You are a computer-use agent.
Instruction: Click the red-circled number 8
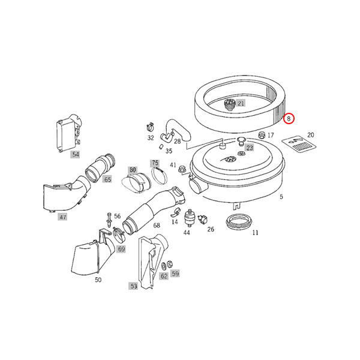[x=289, y=119]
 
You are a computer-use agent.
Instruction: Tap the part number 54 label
[x=76, y=154]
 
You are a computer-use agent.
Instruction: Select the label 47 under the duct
[x=62, y=217]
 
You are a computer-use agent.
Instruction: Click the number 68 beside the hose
[x=157, y=225]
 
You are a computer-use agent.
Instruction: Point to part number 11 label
[x=255, y=233]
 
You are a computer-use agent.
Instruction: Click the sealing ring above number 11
[x=239, y=221]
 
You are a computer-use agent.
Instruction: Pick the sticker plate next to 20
[x=299, y=144]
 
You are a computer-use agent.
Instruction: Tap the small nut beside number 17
[x=262, y=135]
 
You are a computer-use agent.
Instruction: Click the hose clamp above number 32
[x=149, y=127]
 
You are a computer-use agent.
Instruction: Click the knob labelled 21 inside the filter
[x=229, y=104]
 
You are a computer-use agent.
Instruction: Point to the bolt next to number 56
[x=109, y=220]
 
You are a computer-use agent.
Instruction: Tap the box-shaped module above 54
[x=68, y=134]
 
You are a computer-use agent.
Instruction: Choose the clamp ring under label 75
[x=160, y=176]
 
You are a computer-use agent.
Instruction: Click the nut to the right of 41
[x=182, y=169]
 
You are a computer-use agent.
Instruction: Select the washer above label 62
[x=164, y=266]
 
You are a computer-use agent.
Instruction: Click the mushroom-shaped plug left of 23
[x=241, y=141]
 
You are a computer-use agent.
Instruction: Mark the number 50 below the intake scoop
[x=98, y=280]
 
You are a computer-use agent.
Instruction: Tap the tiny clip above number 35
[x=161, y=146]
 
